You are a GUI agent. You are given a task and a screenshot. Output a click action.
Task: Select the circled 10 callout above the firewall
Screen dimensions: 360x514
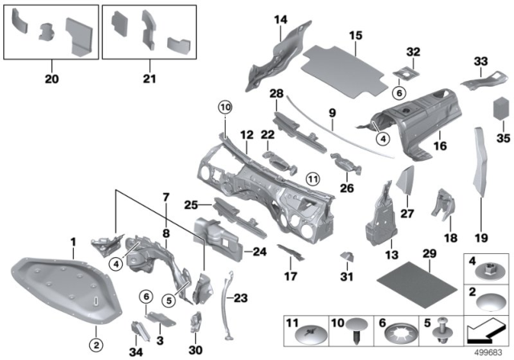(224, 106)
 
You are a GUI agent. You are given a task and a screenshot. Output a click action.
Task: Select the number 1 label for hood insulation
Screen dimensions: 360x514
(72, 241)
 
